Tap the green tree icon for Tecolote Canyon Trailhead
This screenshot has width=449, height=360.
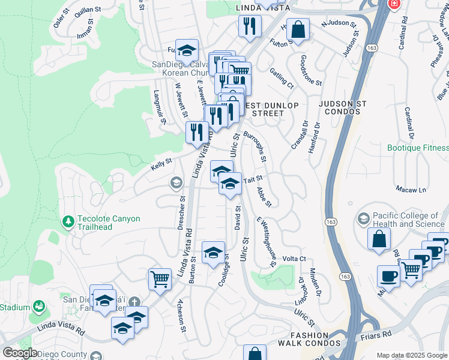[x=69, y=222]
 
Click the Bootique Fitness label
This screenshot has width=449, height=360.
[x=417, y=148]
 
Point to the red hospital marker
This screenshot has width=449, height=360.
[x=394, y=4]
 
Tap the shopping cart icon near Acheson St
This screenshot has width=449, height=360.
[x=160, y=279]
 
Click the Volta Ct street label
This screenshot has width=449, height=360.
[x=295, y=259]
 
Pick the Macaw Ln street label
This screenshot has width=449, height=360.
[x=411, y=190]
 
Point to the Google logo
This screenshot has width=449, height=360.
[x=19, y=353]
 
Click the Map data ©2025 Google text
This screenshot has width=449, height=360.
[x=412, y=355]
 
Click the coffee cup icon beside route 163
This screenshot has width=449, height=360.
[x=388, y=277]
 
